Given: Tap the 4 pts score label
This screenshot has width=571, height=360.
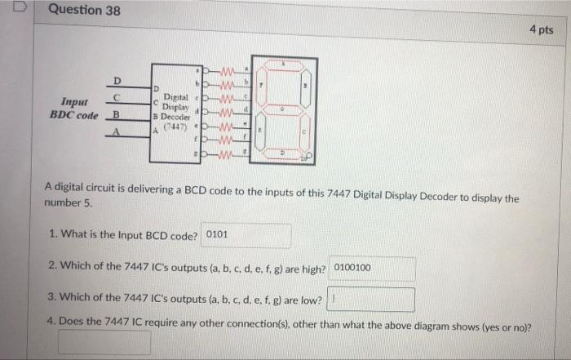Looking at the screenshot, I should tap(540, 30).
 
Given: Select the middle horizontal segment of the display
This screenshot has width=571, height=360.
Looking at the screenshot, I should tap(283, 108).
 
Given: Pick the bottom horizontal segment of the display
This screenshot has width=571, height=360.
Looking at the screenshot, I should tap(283, 153).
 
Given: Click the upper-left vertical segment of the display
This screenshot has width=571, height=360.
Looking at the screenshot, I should tap(261, 85).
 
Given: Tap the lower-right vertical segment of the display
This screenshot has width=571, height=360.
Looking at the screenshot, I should tap(306, 131).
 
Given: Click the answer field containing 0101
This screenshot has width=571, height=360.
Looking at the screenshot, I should tap(246, 235).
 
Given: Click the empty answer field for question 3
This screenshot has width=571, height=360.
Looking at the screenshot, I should tap(371, 300).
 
